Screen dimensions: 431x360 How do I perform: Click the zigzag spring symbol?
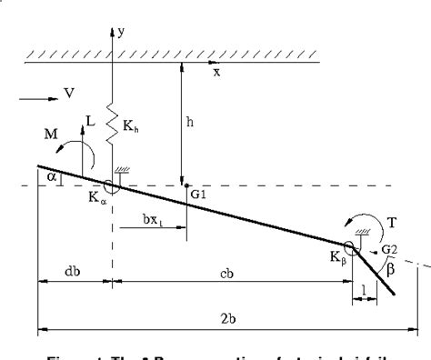click(114, 122)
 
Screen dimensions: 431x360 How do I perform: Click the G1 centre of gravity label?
click(197, 193)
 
